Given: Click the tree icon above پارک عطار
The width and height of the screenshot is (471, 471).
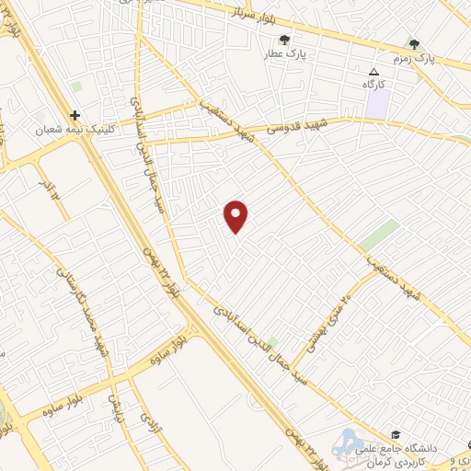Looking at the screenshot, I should [x=284, y=40].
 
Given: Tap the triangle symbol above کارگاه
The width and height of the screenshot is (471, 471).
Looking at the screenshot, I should [x=373, y=71].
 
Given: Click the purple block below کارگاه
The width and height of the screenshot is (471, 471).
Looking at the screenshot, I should [x=376, y=105].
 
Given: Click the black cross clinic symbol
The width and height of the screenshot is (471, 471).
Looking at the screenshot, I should [x=75, y=116].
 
